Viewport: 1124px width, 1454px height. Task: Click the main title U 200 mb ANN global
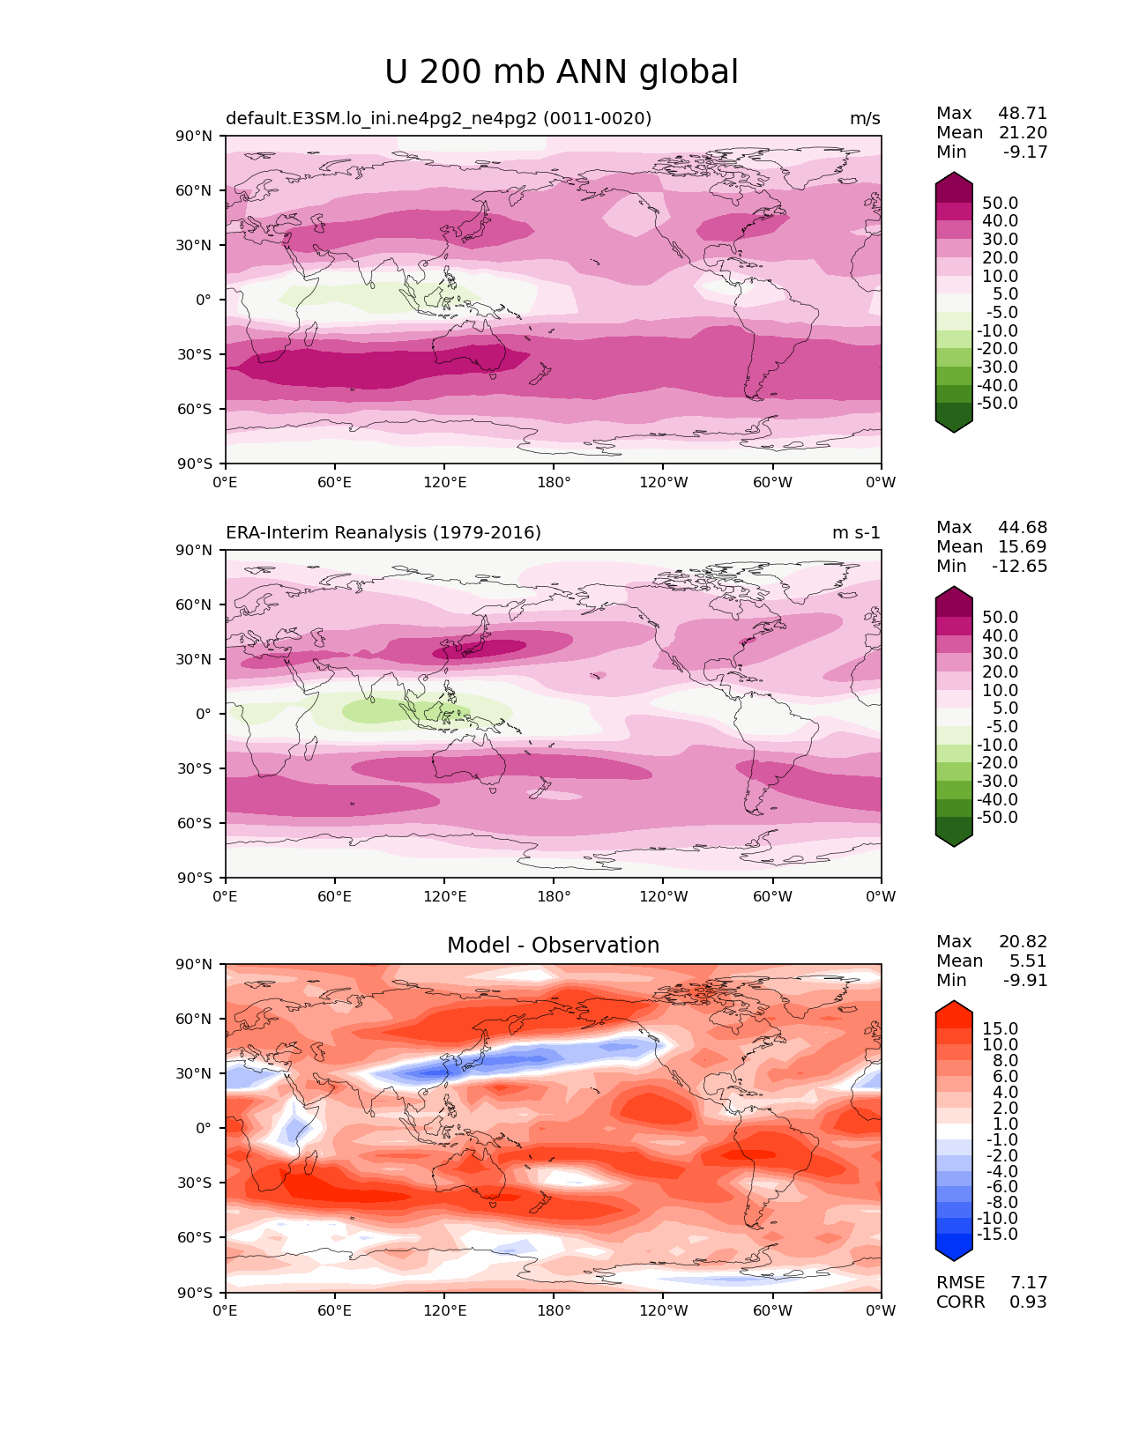[x=562, y=72]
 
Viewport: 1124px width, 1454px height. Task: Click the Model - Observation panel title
[x=553, y=946]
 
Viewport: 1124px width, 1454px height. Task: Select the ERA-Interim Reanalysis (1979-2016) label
[x=383, y=533]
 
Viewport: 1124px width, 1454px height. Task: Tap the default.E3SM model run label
[x=438, y=119]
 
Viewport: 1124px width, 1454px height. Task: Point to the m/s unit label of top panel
[x=864, y=119]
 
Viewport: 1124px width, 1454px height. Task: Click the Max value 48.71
[x=1022, y=114]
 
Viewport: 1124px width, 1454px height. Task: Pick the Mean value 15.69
[x=1022, y=547]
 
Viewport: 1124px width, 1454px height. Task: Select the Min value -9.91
[x=1025, y=981]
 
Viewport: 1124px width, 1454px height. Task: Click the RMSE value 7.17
[x=1028, y=1283]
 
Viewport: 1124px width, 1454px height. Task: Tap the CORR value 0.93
[x=1028, y=1302]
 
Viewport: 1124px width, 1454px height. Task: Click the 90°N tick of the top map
[x=195, y=137]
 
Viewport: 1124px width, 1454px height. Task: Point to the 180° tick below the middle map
[x=554, y=897]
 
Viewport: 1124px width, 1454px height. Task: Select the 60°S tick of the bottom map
[x=195, y=1238]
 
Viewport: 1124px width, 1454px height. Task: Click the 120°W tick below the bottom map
[x=663, y=1311]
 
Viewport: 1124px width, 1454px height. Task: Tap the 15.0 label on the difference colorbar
[x=1000, y=1029]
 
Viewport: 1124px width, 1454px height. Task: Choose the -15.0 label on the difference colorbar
[x=997, y=1235]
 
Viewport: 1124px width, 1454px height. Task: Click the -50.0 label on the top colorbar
[x=997, y=404]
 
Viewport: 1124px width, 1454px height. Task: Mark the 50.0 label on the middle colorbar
[x=1000, y=618]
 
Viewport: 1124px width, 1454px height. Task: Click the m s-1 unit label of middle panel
[x=856, y=533]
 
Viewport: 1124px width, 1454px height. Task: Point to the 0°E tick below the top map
[x=226, y=483]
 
